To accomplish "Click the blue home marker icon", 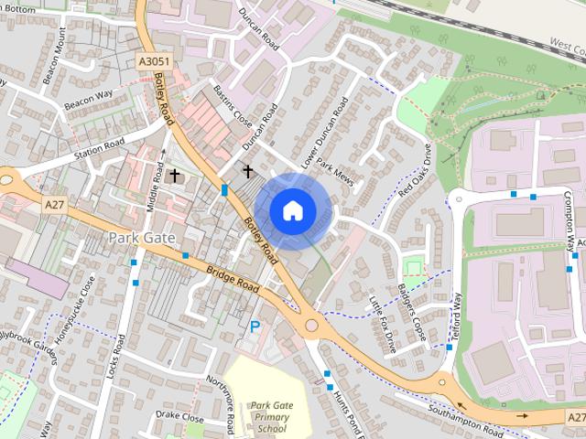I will [291, 210].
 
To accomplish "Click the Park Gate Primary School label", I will [272, 416].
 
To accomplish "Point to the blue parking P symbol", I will [255, 326].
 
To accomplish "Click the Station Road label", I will [99, 147].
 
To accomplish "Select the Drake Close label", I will [179, 417].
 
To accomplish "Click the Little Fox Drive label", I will [381, 325].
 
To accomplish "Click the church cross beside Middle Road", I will [174, 175].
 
